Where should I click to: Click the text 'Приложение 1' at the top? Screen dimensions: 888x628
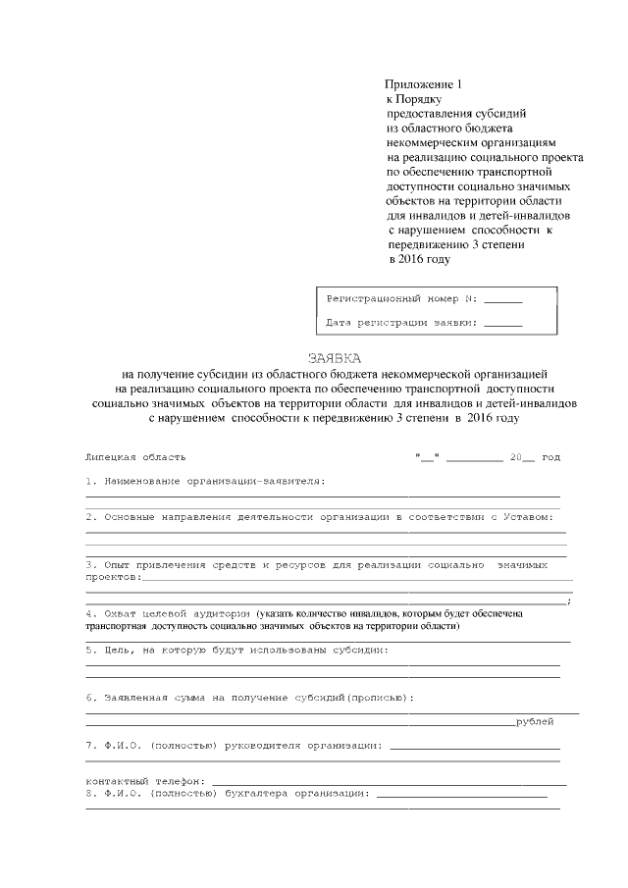click(x=421, y=85)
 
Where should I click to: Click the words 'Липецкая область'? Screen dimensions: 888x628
click(x=135, y=457)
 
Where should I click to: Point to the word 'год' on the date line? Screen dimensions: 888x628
click(x=550, y=457)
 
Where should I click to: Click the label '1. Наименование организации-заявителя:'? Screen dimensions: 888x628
click(x=205, y=481)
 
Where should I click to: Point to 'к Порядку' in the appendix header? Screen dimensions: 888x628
click(x=414, y=100)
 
